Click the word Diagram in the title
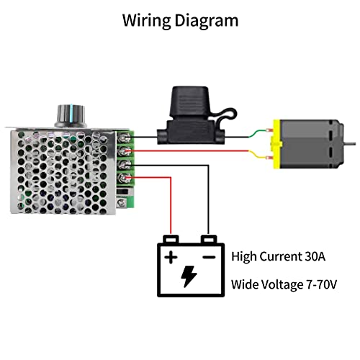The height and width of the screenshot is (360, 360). (208, 20)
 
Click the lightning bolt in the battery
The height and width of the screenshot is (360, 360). (189, 276)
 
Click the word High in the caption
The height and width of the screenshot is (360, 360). (246, 256)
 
